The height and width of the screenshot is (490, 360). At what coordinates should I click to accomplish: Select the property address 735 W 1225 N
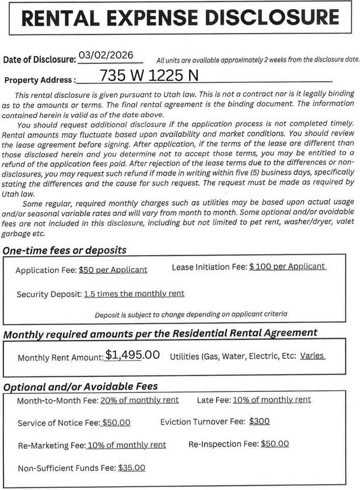[149, 76]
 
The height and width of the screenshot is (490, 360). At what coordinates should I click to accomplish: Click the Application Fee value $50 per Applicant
[113, 270]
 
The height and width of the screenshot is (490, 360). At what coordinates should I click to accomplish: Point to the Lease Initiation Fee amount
[287, 267]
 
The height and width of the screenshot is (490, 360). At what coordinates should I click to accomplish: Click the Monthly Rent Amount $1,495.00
[132, 355]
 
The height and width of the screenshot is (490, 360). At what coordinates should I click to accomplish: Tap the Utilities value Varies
[312, 355]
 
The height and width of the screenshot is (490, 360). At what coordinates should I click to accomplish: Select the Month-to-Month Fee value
[139, 400]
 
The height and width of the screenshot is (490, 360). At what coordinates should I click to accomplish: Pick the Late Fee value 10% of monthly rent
[271, 400]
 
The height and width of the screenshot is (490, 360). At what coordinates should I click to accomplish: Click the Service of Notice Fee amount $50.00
[116, 423]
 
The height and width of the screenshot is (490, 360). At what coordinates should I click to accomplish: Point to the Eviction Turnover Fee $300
[260, 422]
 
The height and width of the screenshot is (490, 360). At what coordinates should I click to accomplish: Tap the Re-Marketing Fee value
[126, 445]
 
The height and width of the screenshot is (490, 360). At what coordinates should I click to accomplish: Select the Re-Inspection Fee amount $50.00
[274, 444]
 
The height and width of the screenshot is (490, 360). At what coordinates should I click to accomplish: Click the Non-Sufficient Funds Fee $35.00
[132, 468]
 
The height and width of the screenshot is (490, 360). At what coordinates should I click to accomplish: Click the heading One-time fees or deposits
[65, 250]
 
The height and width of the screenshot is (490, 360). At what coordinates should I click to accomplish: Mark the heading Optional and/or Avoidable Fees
[81, 387]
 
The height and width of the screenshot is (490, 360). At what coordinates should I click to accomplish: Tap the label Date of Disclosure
[39, 59]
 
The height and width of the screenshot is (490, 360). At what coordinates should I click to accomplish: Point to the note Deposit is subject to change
[191, 314]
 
